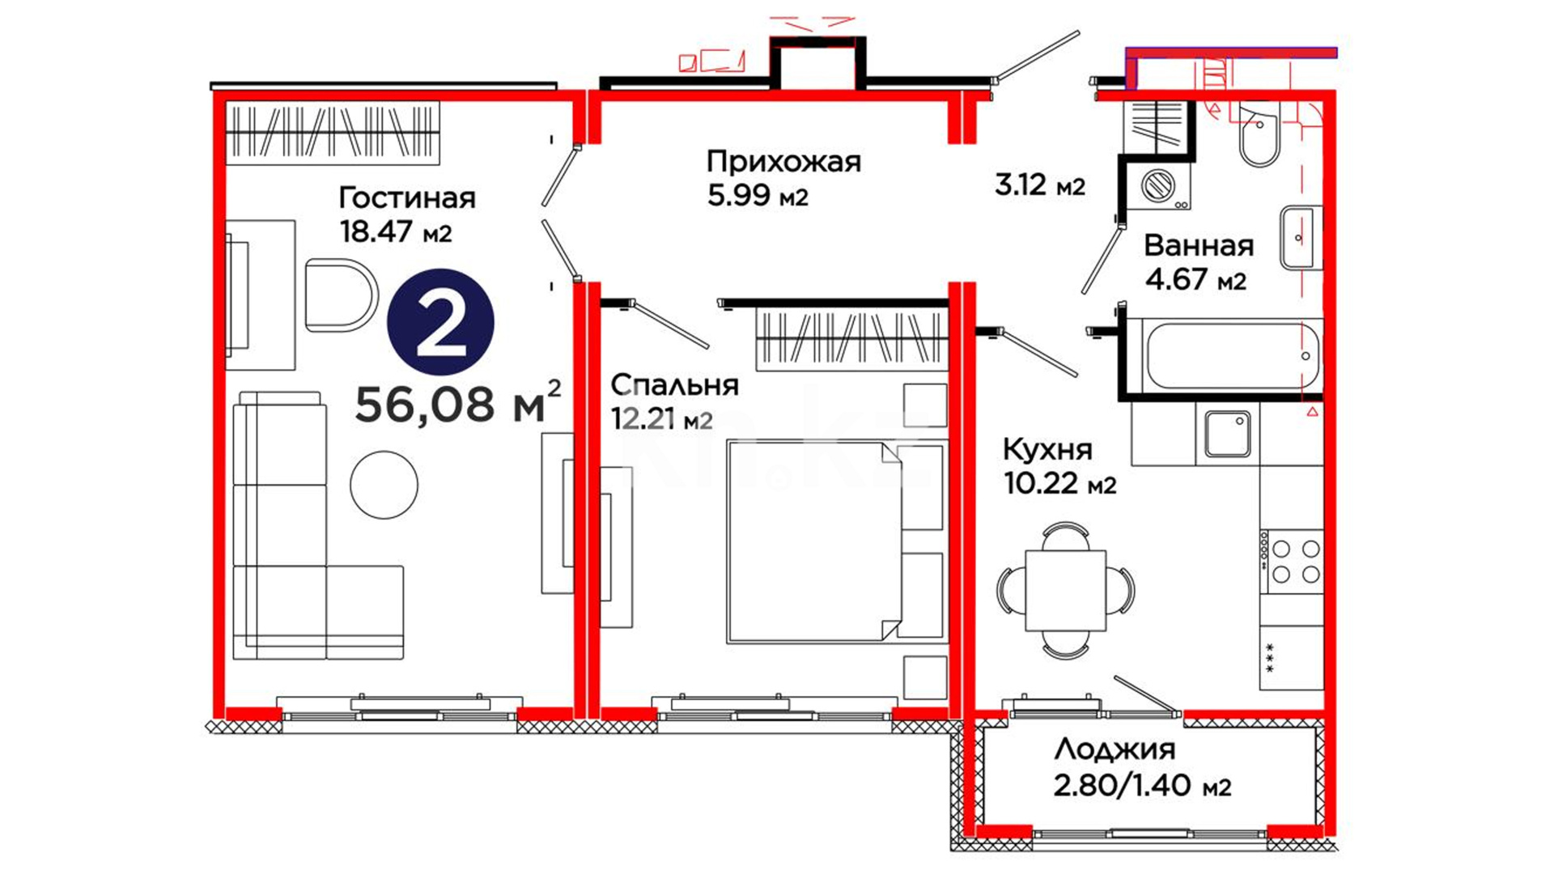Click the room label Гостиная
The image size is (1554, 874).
(406, 198)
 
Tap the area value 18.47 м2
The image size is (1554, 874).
(396, 232)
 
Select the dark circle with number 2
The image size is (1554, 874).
(441, 321)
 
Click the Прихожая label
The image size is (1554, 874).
(783, 161)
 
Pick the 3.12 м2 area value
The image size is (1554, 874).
(1039, 185)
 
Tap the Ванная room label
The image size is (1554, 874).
(1199, 245)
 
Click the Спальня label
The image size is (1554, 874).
(674, 385)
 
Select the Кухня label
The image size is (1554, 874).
(1047, 448)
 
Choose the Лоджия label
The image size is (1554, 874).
(1115, 749)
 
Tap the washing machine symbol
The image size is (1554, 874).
(1158, 185)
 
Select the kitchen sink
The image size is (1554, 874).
(1228, 435)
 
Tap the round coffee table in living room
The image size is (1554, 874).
(384, 485)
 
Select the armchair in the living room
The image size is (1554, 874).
(342, 295)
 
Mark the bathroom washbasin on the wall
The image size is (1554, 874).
(1301, 238)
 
